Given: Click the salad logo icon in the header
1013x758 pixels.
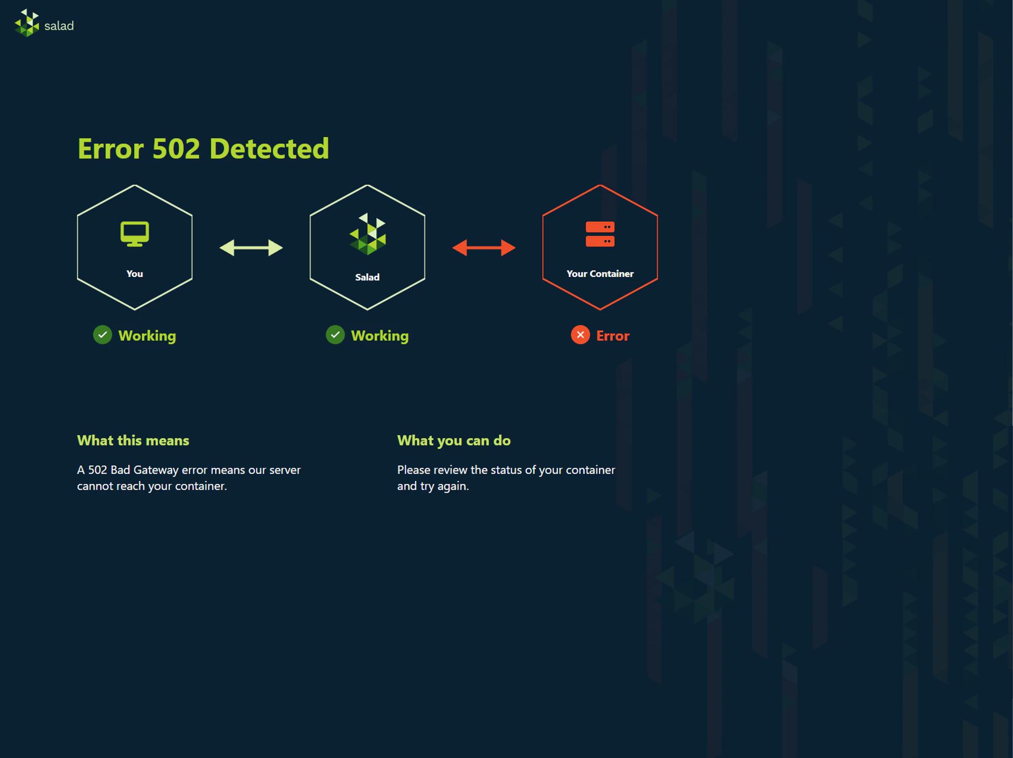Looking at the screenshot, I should point(27,23).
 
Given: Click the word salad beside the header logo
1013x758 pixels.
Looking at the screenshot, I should point(59,26).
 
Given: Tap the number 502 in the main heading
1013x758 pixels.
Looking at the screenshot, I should point(176,149).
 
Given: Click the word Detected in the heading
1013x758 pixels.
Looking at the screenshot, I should point(269,149).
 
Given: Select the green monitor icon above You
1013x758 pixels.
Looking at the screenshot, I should point(135,233).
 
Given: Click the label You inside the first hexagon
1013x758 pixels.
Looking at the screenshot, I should point(135,274).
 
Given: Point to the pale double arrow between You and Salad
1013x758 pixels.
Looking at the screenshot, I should point(251,248).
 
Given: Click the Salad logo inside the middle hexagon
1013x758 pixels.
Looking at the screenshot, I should point(368,234).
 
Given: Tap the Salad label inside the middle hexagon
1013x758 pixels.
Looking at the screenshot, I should point(367,277).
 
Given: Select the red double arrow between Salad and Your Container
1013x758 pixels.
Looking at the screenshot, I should point(484,248).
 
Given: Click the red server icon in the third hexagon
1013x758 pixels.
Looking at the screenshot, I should point(600,234).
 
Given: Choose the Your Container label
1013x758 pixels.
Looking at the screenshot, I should point(600,274).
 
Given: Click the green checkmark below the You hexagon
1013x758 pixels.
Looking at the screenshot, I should point(103,335).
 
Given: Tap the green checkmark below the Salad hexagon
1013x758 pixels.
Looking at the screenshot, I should point(335,335).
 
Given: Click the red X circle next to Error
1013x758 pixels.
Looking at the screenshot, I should point(580,335).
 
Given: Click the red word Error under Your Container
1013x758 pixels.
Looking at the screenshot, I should point(613,336).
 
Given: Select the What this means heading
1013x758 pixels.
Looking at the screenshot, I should point(133,441).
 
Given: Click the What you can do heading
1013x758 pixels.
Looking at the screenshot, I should point(454,441).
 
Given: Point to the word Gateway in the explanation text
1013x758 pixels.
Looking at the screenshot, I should point(156,470).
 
